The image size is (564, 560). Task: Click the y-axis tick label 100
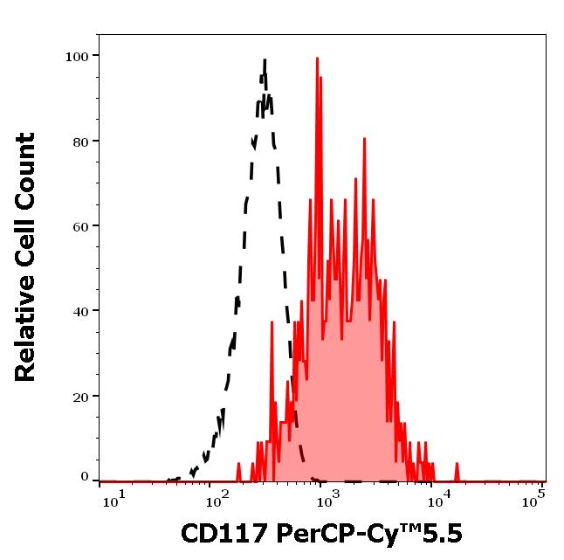click(77, 56)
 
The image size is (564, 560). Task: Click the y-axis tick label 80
click(80, 141)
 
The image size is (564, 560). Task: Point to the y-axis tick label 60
click(80, 226)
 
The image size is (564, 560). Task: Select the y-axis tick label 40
click(80, 311)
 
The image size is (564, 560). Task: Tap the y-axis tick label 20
click(80, 396)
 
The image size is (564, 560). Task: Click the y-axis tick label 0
click(85, 477)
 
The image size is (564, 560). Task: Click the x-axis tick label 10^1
click(113, 499)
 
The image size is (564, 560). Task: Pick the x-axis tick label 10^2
click(214, 499)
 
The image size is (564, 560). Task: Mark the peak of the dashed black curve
click(263, 59)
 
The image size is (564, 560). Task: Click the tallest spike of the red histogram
click(317, 58)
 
